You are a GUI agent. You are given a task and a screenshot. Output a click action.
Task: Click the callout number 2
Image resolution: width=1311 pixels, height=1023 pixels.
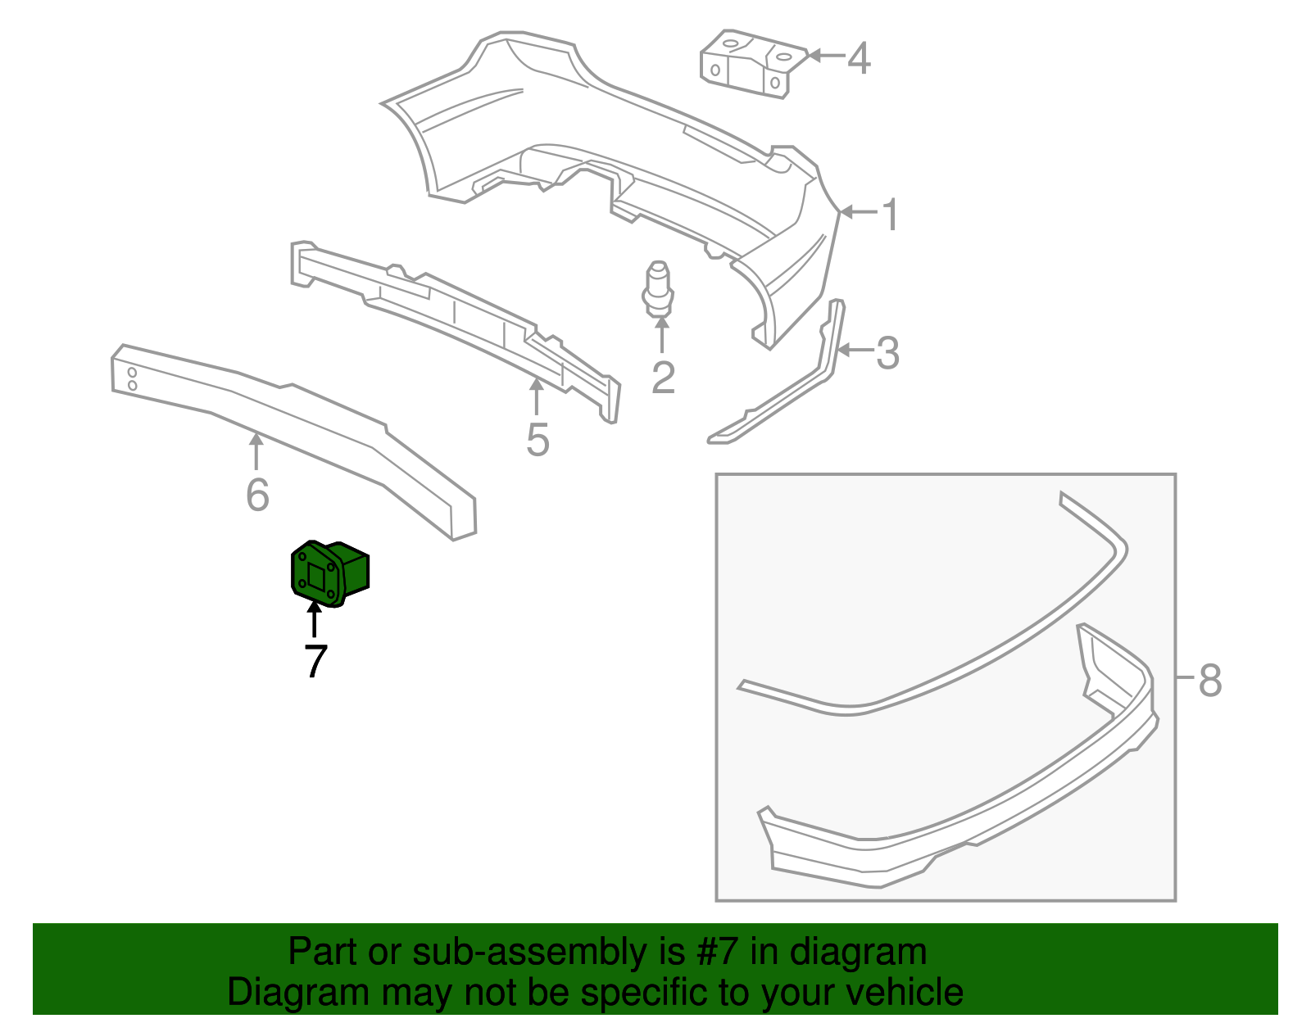pyautogui.click(x=663, y=376)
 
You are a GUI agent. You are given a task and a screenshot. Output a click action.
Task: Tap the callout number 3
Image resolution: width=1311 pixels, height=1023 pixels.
pyautogui.click(x=887, y=353)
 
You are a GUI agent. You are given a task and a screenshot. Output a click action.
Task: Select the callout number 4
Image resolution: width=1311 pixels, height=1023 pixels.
pyautogui.click(x=859, y=58)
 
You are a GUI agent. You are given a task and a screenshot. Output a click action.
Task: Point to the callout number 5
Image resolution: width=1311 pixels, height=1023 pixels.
pyautogui.click(x=538, y=440)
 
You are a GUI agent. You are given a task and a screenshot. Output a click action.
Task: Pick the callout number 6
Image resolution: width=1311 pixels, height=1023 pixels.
pyautogui.click(x=257, y=495)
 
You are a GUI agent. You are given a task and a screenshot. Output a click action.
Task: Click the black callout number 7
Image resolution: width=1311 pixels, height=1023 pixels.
pyautogui.click(x=315, y=661)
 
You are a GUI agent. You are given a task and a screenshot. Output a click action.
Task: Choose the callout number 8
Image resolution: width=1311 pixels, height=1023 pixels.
pyautogui.click(x=1210, y=680)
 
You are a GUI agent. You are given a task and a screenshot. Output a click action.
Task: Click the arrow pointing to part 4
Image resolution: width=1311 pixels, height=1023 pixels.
pyautogui.click(x=826, y=57)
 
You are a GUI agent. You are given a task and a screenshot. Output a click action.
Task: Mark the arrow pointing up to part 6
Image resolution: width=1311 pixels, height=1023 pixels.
pyautogui.click(x=257, y=450)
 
